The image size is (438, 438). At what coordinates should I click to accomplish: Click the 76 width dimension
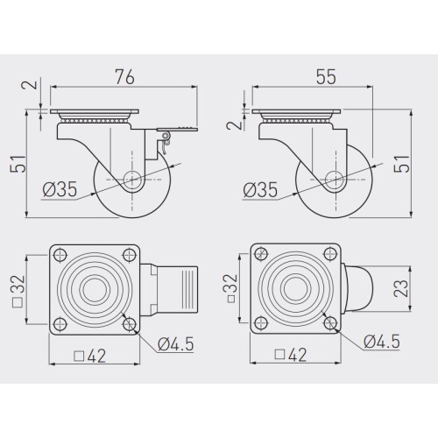click(x=124, y=78)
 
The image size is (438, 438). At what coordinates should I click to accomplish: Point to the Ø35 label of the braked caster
click(x=59, y=187)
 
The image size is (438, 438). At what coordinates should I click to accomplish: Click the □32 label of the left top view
click(x=19, y=288)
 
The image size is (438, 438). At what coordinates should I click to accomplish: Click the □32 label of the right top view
click(x=229, y=288)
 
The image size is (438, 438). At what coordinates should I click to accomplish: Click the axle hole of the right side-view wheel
click(x=333, y=182)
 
